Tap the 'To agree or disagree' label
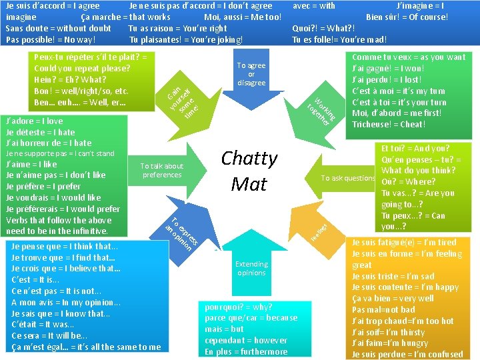(x=251, y=74)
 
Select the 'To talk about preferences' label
(x=162, y=170)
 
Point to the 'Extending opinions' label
(x=251, y=268)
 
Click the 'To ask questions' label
(x=348, y=178)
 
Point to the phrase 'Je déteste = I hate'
(x=40, y=132)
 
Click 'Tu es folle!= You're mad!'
(x=339, y=39)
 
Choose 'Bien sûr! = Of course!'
(x=407, y=17)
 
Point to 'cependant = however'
(x=245, y=340)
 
